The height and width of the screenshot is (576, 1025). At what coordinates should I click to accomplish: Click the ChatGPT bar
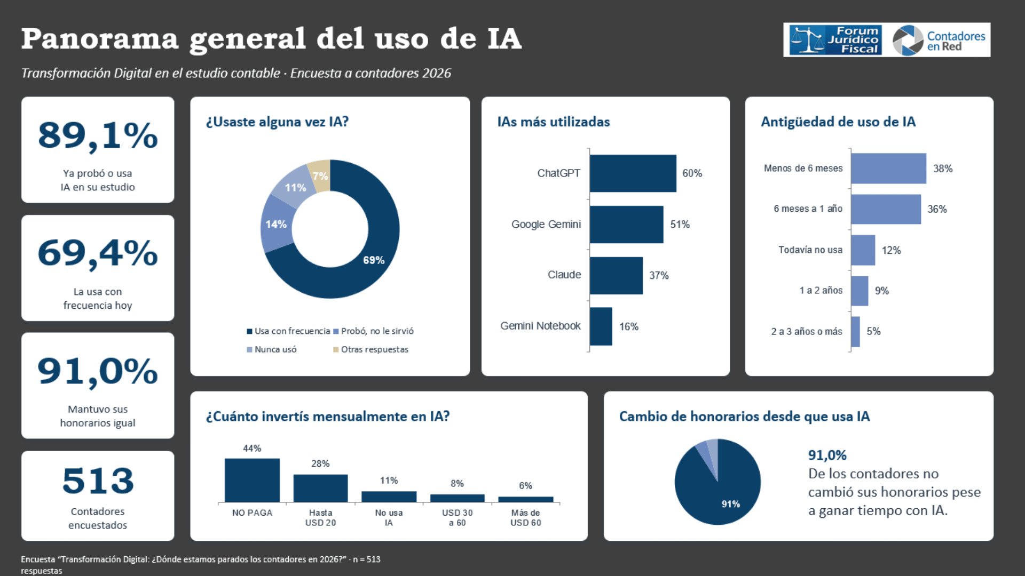633,173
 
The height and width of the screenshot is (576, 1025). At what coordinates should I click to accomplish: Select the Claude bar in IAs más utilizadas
616,275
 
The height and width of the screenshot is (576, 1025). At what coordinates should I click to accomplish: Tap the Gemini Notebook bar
601,326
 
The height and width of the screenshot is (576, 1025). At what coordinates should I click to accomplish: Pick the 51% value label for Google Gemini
680,225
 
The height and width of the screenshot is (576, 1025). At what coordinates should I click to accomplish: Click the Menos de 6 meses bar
888,169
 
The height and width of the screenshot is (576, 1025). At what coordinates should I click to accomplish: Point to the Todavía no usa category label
810,250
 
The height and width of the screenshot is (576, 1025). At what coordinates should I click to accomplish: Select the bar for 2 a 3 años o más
855,332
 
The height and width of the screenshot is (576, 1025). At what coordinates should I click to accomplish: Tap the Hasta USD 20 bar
320,488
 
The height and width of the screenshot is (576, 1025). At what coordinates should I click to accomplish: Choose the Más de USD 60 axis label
526,517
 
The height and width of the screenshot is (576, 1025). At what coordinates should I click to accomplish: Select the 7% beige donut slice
320,174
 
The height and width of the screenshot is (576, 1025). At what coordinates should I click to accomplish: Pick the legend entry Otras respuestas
371,349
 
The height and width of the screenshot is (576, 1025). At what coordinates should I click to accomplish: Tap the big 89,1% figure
98,136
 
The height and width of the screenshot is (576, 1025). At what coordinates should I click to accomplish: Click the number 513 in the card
98,481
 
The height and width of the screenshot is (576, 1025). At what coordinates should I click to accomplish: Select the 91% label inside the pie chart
731,504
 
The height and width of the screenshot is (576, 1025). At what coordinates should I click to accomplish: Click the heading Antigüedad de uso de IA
838,122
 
